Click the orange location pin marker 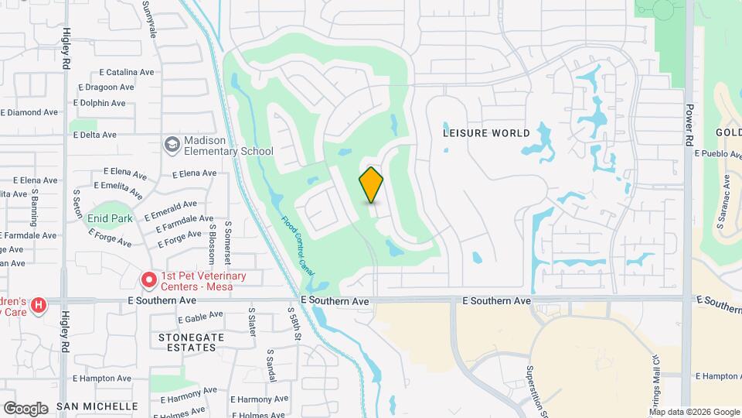(x=372, y=185)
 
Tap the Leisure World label (x=487, y=132)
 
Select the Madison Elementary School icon (x=172, y=144)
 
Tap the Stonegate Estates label (x=187, y=343)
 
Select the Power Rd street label (x=688, y=126)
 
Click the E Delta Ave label (x=94, y=135)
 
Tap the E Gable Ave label (x=200, y=319)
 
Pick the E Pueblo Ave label (x=718, y=153)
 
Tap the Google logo (x=26, y=408)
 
